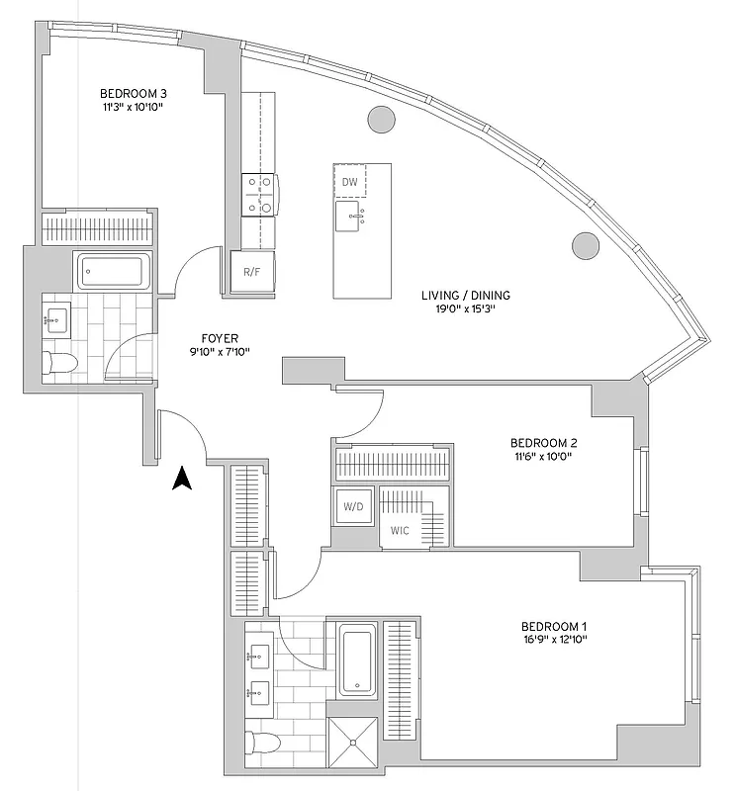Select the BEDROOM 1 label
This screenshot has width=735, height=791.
click(554, 626)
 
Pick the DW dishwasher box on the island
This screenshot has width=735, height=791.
click(349, 182)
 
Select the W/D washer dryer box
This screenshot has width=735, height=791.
click(353, 508)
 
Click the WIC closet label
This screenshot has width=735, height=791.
click(400, 531)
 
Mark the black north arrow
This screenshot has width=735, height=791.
click(181, 479)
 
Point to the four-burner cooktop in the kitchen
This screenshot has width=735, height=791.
click(259, 195)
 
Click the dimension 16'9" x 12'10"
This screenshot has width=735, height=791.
click(554, 640)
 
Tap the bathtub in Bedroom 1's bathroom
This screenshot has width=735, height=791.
click(355, 660)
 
